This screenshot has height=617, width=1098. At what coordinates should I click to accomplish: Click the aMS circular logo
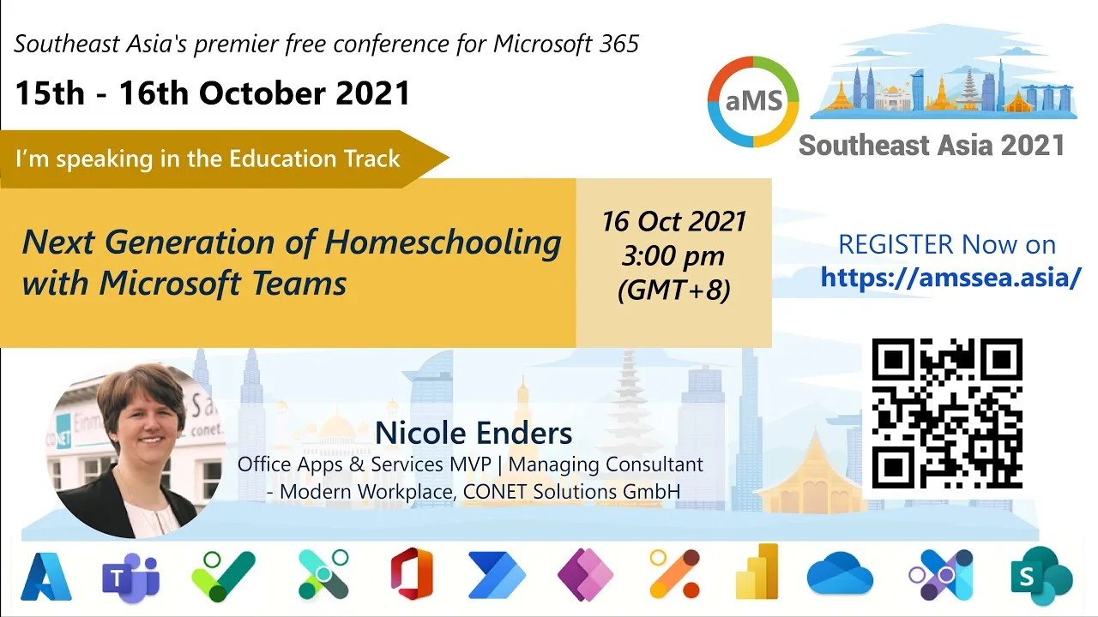(753, 101)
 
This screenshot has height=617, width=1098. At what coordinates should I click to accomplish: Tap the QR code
(947, 413)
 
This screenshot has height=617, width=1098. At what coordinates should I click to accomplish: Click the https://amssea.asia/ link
(950, 277)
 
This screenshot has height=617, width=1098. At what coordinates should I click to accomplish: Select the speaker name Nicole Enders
(474, 434)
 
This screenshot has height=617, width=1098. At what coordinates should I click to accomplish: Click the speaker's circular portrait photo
(136, 450)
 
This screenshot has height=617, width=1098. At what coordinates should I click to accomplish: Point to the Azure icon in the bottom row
(46, 577)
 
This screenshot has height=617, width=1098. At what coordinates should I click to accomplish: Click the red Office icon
(412, 574)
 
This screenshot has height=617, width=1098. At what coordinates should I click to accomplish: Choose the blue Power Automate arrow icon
(497, 575)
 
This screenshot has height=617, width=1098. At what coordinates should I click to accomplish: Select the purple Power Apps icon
(585, 575)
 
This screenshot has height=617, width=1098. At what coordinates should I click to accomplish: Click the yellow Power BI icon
(757, 572)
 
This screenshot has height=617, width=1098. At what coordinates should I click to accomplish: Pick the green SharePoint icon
(1041, 577)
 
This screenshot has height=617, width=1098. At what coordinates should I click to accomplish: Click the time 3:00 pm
(673, 256)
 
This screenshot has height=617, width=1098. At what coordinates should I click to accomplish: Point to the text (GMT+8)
(674, 290)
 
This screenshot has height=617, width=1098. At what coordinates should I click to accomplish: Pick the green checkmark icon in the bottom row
(224, 577)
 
